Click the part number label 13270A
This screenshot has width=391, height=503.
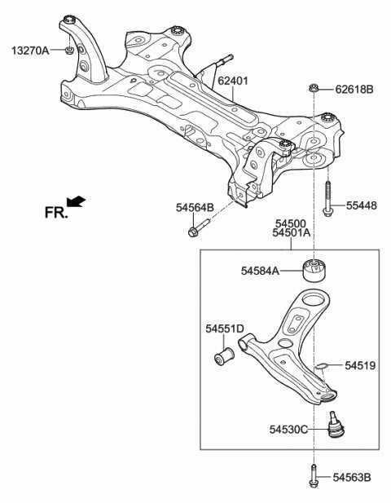[x=30, y=51]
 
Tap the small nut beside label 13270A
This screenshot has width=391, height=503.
[x=69, y=50]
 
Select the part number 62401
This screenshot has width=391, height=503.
[x=233, y=81]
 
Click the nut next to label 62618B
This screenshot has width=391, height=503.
[x=314, y=88]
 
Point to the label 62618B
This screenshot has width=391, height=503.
[x=354, y=89]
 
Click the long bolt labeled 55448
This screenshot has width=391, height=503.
[x=327, y=199]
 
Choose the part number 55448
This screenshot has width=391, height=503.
[x=361, y=205]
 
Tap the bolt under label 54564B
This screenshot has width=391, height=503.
[x=199, y=228]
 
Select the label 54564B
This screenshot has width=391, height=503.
[x=195, y=208]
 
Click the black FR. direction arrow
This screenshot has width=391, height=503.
[x=77, y=202]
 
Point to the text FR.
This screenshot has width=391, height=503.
[x=56, y=212]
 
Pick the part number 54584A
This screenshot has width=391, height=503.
[x=260, y=271]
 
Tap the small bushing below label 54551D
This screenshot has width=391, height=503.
[x=224, y=356]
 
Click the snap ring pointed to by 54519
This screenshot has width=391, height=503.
[x=321, y=365]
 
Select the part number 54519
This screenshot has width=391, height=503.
[x=360, y=365]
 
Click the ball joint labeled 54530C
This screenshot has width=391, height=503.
[x=336, y=425]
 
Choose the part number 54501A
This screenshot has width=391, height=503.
[x=292, y=232]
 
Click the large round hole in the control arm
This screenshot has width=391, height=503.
[x=312, y=300]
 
